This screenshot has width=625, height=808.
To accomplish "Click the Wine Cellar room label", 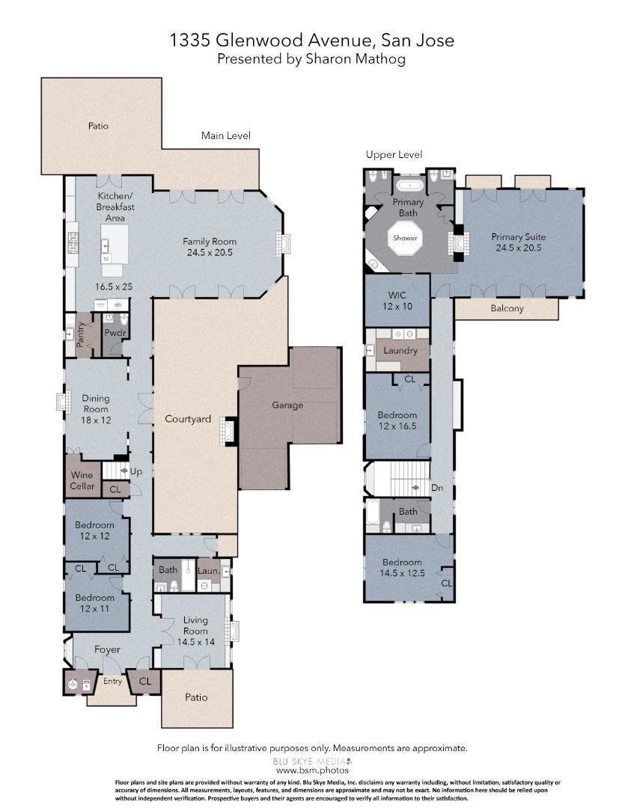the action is click(82, 480).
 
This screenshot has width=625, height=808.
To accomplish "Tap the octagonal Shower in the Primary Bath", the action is click(405, 238).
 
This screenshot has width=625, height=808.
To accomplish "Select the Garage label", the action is click(287, 405).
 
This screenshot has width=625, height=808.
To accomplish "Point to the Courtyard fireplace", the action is click(227, 432).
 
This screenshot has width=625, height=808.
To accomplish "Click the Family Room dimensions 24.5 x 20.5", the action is click(210, 253).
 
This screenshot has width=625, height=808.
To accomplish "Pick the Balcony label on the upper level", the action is click(507, 308).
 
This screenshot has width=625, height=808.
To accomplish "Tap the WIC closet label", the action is click(397, 296).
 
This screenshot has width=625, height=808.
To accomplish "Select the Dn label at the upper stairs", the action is click(437, 488).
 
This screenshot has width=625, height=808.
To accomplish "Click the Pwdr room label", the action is click(115, 333).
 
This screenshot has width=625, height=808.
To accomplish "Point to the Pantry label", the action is click(81, 334).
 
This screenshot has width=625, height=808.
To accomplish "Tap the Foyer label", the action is click(107, 649).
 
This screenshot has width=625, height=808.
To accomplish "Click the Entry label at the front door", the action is click(112, 682).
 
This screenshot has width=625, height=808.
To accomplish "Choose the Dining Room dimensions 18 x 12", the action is click(96, 420).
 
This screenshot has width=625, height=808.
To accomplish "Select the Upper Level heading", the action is click(394, 154).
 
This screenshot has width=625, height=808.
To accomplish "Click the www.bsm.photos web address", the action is click(313, 771).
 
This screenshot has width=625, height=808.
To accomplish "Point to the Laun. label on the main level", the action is click(209, 570).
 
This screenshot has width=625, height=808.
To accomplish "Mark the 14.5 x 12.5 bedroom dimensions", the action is click(402, 572).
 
